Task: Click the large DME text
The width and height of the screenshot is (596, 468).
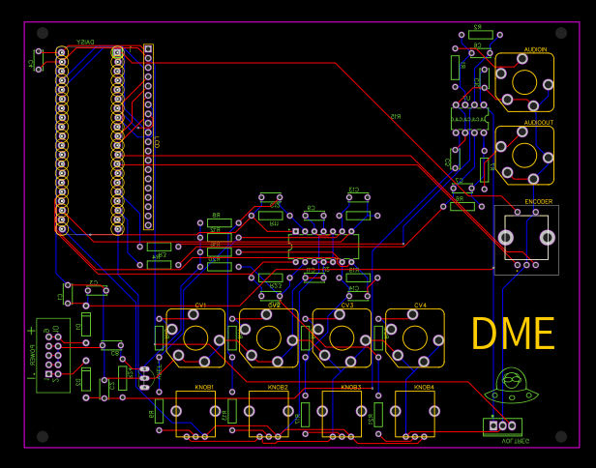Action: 513,335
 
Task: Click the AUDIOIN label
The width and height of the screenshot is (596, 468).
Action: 535,49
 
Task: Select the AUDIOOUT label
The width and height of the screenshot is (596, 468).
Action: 538,123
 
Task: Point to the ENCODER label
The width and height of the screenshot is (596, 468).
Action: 538,202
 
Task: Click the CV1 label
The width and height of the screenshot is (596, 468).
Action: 201,306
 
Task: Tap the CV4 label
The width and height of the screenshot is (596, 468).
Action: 420,306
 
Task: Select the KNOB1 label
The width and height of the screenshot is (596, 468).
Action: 204,387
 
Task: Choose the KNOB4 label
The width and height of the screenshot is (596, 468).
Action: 424,387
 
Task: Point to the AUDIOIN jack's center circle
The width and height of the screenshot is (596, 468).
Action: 523,81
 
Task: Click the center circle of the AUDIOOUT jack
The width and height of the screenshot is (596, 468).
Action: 523,155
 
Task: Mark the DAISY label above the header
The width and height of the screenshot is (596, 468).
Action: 86,42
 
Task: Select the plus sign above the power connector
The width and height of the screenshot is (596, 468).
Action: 31,331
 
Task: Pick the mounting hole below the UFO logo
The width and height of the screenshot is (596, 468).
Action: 559,436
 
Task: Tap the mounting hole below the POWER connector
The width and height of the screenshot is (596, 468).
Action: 42,436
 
